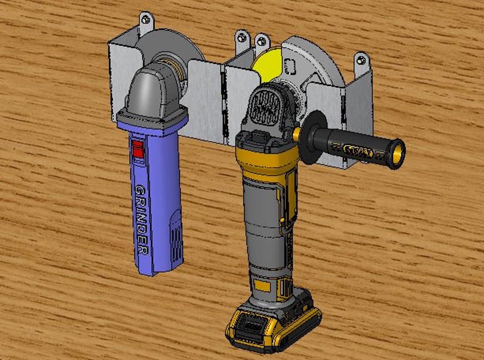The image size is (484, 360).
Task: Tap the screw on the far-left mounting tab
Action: tap(146, 20)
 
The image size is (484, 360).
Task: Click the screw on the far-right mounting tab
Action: tap(361, 60)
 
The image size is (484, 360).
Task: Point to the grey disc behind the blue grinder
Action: tap(168, 49)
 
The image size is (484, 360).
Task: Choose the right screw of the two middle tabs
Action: tap(262, 42)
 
